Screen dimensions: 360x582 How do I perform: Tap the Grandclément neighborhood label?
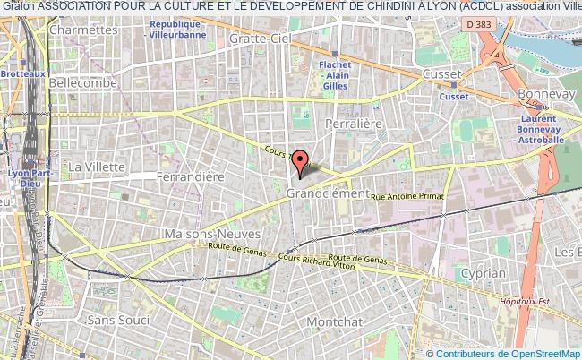coord(328,193)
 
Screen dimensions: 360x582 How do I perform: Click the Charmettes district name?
coord(85,30)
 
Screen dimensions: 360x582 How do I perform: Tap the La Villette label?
coord(94,166)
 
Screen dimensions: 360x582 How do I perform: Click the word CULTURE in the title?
coord(178,7)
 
